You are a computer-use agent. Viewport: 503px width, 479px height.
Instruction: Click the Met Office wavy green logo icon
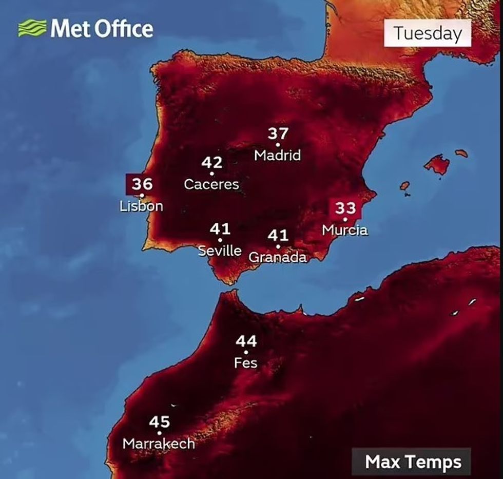pos(32,28)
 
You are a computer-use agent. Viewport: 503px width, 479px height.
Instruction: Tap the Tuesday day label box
pos(428,34)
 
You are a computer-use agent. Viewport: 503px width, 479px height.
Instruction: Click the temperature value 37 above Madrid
pos(278,134)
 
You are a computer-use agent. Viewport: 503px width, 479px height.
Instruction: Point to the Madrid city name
pos(278,155)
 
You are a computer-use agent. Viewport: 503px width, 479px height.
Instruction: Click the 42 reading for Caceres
pos(212,163)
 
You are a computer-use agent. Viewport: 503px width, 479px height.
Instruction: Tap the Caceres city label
pos(211,184)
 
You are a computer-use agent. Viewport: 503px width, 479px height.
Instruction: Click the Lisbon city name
pos(141,206)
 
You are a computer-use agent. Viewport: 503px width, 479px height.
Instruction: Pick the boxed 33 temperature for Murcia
pos(346,208)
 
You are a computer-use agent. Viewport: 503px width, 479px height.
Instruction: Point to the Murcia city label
pos(345,229)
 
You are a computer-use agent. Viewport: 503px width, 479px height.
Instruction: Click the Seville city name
pos(220,251)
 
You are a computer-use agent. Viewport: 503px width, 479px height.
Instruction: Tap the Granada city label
pos(278,257)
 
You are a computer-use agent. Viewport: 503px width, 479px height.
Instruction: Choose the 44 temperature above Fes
pos(246,341)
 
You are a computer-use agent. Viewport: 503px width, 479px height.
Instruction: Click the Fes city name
pos(246,363)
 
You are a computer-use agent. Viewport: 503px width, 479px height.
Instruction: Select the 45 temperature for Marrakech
pos(160,422)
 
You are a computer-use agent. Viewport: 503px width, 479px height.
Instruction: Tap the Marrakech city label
pos(159,443)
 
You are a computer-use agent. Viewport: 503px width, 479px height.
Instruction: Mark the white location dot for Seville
pos(220,240)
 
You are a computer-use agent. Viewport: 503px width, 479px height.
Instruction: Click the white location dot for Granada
pos(278,246)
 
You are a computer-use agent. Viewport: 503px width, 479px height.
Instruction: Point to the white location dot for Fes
pos(246,352)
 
